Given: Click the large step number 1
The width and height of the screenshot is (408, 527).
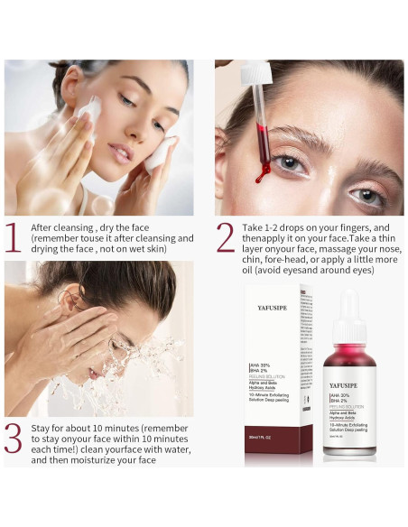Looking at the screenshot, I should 14,237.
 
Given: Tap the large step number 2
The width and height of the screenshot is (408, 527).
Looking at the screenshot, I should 226,237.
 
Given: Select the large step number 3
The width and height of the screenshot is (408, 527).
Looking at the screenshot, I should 14,435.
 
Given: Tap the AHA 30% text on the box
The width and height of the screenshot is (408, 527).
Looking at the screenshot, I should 262,364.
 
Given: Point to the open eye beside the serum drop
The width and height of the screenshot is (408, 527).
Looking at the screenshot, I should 289,162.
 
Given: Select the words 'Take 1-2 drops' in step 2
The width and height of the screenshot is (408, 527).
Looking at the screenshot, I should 277,227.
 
